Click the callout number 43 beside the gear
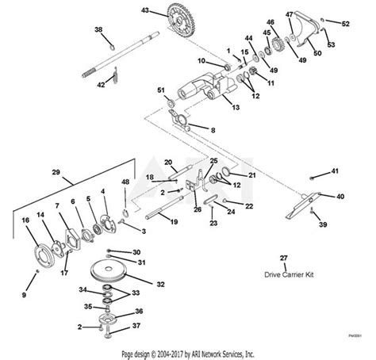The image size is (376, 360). point(145,10)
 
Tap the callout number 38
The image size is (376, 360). point(98,29)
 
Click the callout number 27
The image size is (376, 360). point(284,259)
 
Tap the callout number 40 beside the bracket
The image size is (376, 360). point(340,196)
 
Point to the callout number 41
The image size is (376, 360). point(335,171)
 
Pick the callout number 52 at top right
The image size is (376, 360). point(345,24)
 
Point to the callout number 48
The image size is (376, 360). point(125,182)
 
